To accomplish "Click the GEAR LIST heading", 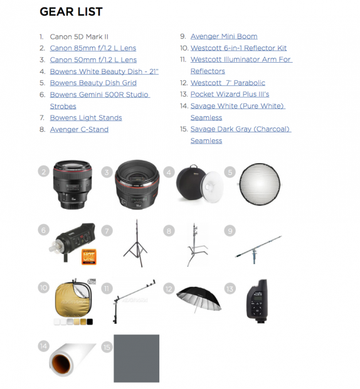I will (x=71, y=12).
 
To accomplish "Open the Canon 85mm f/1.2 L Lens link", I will (x=93, y=48).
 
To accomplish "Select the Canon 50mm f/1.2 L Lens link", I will (x=93, y=60).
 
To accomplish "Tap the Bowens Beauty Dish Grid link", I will (x=93, y=83).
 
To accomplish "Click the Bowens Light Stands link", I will (x=86, y=118).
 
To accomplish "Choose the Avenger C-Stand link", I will (x=79, y=130).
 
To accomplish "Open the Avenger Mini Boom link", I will (x=224, y=37).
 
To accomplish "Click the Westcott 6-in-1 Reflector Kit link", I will (x=239, y=48).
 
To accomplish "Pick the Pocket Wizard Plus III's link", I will (x=230, y=95).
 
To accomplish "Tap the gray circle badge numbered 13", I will (x=230, y=289).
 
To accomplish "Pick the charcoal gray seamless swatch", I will (x=136, y=358).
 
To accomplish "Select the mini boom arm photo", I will (x=260, y=248).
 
